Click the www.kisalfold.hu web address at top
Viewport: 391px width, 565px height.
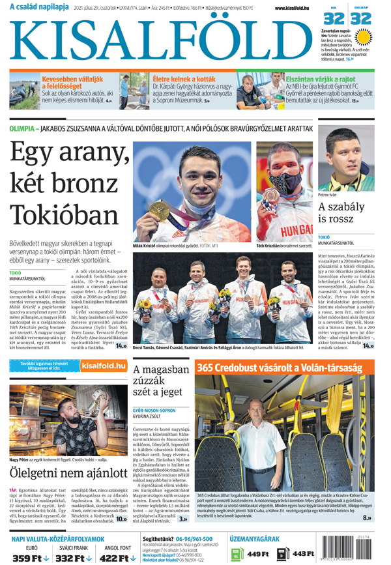289,8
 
